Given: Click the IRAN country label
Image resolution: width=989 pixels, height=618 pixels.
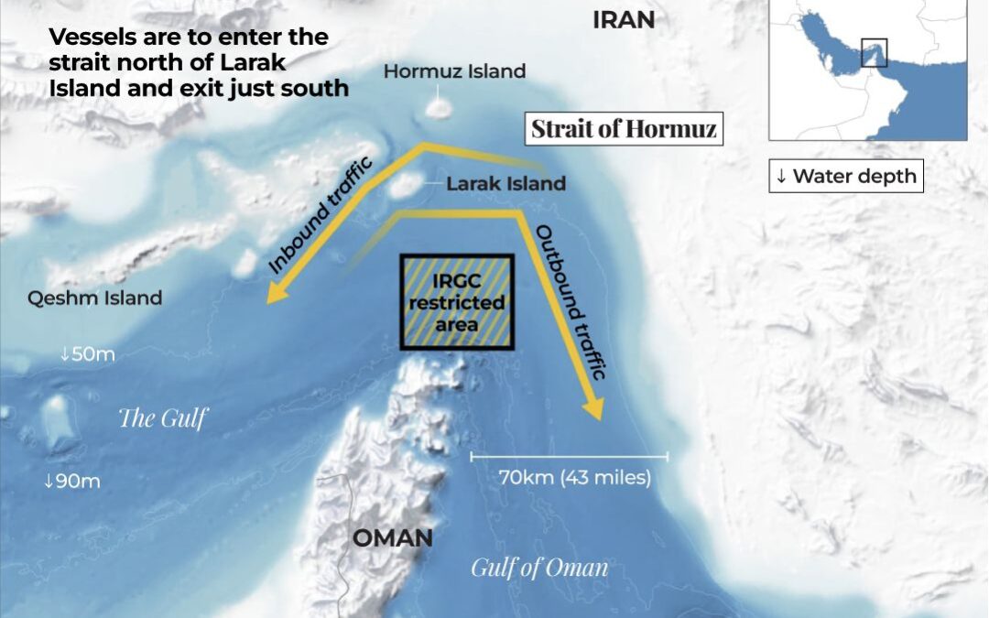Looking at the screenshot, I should (624, 20).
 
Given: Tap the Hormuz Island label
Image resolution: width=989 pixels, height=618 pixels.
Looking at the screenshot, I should (454, 71).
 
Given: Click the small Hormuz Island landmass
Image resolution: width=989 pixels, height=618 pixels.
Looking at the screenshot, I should (438, 107).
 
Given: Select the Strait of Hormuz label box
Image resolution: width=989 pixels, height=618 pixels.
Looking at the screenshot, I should (625, 128).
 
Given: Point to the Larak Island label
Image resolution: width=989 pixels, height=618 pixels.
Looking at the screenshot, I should (505, 184).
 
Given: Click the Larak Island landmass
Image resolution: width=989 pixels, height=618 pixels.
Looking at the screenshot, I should (403, 187).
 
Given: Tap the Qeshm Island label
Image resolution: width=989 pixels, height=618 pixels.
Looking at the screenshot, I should (94, 298).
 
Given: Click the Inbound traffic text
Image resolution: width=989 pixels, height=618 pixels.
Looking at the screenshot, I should (321, 216).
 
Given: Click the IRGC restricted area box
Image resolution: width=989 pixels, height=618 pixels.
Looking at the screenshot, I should (457, 301).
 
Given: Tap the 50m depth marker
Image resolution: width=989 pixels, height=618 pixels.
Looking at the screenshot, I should (88, 354).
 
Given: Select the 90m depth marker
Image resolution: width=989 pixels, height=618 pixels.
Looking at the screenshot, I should (72, 481).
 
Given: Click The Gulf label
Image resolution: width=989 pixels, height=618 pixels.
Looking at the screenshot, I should (163, 418).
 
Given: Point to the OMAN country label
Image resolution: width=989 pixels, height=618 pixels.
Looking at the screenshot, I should (393, 537).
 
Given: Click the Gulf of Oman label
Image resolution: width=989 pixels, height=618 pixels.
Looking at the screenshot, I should (539, 568).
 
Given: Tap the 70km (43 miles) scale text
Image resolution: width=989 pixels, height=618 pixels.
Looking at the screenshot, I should (575, 477).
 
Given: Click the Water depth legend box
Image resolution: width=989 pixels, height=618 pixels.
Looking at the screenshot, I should (845, 177).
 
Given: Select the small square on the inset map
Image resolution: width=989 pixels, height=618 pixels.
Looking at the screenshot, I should (875, 52).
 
